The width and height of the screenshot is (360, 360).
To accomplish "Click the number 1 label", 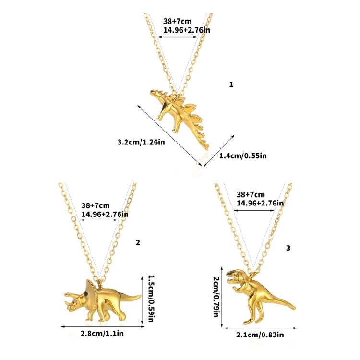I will click(x=231, y=84).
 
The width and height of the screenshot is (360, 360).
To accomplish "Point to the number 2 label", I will click(x=138, y=242).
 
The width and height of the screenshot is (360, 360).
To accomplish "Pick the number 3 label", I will click(x=288, y=248).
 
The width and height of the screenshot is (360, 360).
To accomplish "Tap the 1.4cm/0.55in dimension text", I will click(x=243, y=156).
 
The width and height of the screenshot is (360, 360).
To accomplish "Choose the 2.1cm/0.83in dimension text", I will click(x=260, y=335).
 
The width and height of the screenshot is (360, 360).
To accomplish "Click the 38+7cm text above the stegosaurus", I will click(x=177, y=22).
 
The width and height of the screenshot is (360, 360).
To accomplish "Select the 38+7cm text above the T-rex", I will click(x=251, y=194).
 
